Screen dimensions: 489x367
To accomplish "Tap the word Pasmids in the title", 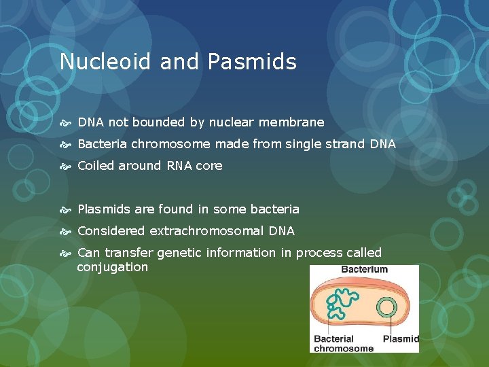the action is pos(253,62).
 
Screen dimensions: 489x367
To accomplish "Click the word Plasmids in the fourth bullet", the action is pos(103,209).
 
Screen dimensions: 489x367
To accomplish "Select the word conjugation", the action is pos(112,267).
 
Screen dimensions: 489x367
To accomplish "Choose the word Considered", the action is pos(111,231).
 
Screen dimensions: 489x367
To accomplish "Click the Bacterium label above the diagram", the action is pos(364,269).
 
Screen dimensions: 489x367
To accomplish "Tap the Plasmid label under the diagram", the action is pos(401,338).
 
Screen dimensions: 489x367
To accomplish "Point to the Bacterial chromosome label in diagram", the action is pos(343,343).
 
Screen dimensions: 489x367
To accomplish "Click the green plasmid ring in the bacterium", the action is pos(388,309).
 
